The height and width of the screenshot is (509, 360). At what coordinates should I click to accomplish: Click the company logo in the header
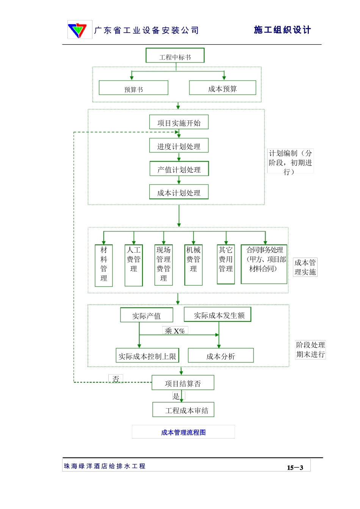80,30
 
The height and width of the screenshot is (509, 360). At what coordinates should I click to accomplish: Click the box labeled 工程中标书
175,56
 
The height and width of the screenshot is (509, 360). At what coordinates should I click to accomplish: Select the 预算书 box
133,88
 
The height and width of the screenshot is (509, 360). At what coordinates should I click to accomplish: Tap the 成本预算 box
222,88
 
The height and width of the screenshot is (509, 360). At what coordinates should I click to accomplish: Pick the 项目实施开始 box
179,122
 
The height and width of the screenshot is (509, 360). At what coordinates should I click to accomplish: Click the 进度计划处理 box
179,146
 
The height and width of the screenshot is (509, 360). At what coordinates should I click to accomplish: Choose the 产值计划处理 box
179,169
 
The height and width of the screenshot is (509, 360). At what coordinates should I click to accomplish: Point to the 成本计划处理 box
179,192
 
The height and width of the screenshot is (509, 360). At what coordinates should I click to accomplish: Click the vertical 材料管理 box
104,265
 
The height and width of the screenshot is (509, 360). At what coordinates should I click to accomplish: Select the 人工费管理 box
134,265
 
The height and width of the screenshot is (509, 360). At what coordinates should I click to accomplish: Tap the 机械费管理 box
193,265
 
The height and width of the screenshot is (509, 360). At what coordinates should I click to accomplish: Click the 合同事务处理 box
264,264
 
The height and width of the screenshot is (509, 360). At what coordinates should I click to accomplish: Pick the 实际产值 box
146,315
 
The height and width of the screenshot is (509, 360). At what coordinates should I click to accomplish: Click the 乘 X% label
175,331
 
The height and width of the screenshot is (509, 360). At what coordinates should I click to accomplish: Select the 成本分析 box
221,356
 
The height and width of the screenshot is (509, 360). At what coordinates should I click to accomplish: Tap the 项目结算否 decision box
183,383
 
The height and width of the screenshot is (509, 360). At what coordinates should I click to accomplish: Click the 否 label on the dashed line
116,378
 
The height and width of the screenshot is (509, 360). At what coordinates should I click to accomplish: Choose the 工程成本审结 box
183,410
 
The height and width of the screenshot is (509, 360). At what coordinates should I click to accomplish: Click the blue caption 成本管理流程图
183,432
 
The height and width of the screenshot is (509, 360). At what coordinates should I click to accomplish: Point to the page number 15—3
295,467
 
